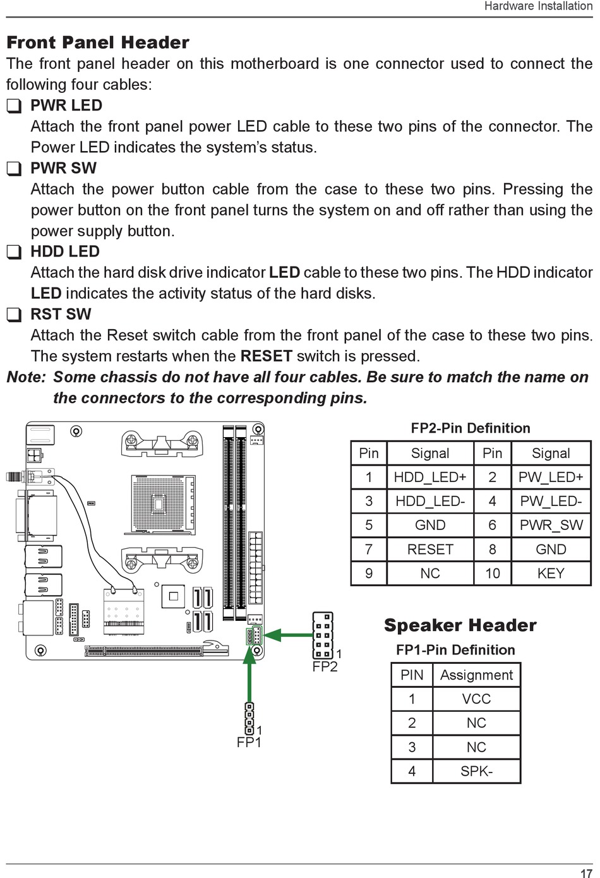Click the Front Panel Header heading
pos(98,42)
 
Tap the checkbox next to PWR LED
pos(14,106)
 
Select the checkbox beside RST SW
pos(14,315)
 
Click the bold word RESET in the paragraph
pos(266,356)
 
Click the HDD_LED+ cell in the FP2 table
pos(430,477)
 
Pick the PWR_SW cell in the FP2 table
pos(551,525)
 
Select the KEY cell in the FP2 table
pos(551,573)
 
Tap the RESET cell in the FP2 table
pos(430,549)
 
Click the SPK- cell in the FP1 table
pos(476,771)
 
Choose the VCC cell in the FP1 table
pos(476,699)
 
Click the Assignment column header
pos(476,675)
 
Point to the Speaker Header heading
pos(460,625)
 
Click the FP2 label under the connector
pos(325,667)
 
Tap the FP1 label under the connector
pos(249,742)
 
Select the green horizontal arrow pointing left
pos(288,635)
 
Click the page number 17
pos(586,873)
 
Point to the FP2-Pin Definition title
pos(471,428)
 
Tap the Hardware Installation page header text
pos(537,6)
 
